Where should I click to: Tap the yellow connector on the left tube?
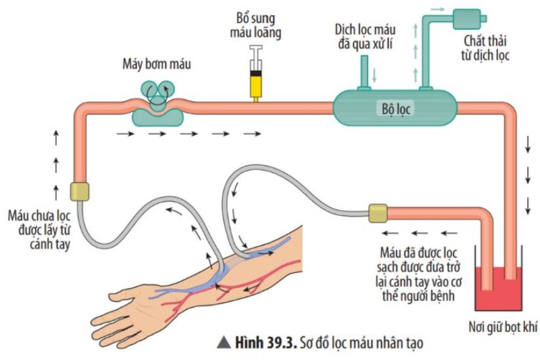(79, 192)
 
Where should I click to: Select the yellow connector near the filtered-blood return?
(378, 213)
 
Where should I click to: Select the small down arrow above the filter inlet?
(375, 73)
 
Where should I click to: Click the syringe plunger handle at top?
(257, 48)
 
